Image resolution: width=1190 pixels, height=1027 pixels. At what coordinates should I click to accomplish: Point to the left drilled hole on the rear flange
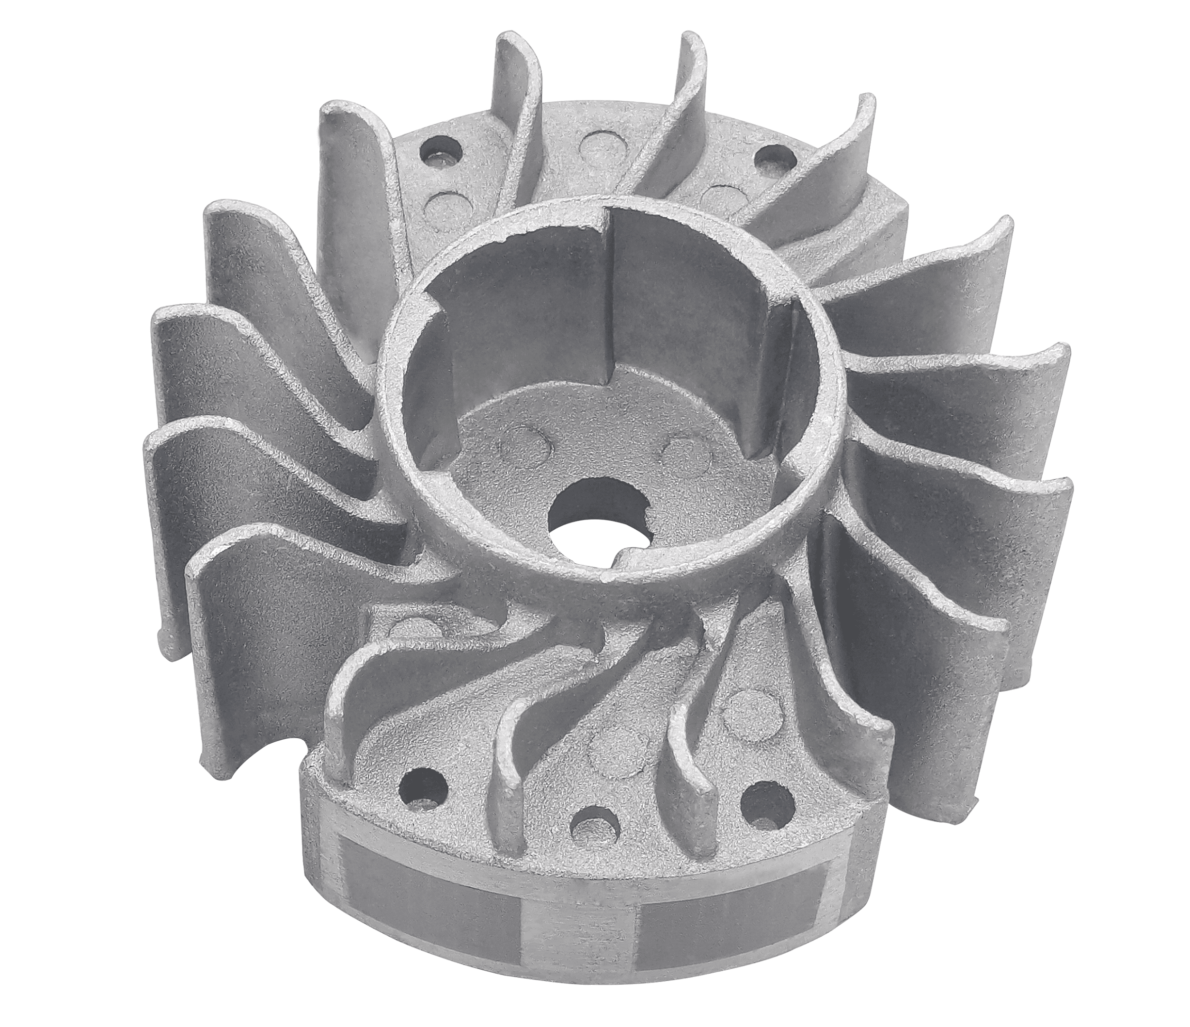[x=439, y=153]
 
